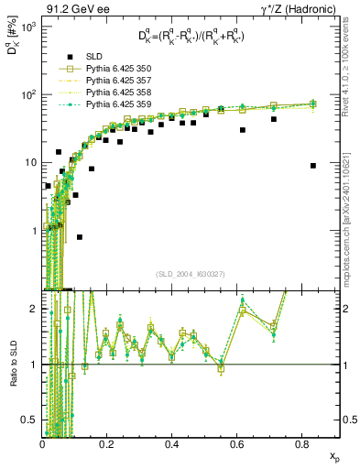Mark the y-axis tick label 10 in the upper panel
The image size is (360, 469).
coord(30,162)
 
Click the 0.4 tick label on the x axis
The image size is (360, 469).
coord(171,443)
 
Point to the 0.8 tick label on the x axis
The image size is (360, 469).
coord(300,443)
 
